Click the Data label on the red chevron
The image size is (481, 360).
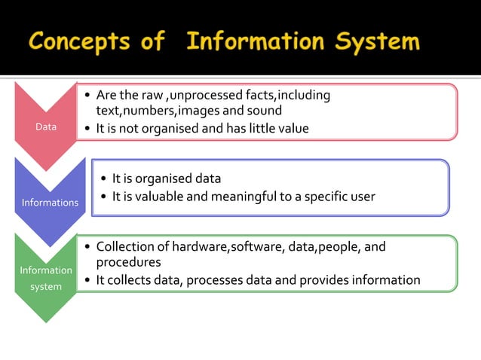[x=46, y=127]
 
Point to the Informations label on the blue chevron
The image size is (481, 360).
[x=50, y=202]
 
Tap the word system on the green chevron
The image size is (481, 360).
[x=46, y=286]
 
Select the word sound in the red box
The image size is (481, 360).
[x=264, y=111]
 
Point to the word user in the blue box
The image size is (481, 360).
[x=360, y=197]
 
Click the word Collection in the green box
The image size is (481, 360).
[x=124, y=246]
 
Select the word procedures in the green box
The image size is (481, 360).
[x=128, y=262]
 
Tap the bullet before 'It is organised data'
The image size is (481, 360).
[x=103, y=179]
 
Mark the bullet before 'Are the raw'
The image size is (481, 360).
[x=87, y=96]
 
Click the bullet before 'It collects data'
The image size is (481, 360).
[x=87, y=281]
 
